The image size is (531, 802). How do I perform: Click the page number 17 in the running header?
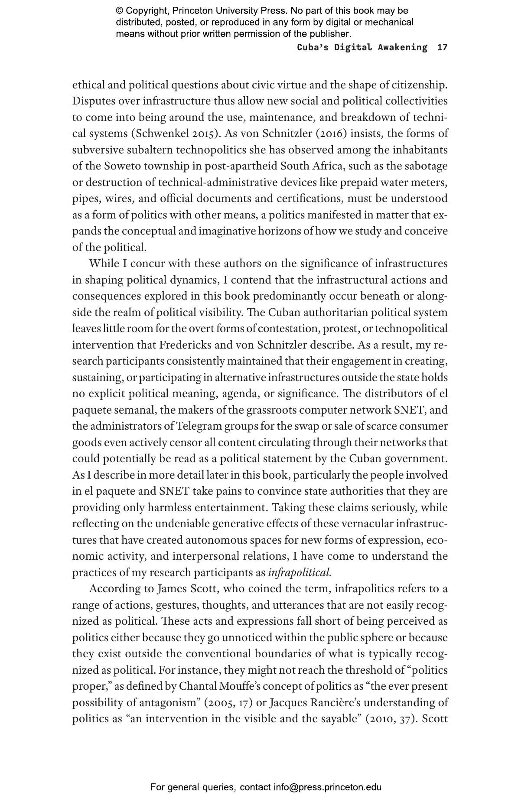click(442, 47)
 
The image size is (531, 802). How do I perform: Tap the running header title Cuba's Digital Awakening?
click(362, 47)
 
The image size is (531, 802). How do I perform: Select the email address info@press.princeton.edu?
click(327, 787)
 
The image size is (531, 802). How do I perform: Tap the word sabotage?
click(427, 166)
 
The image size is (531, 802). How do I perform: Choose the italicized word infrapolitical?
click(300, 573)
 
